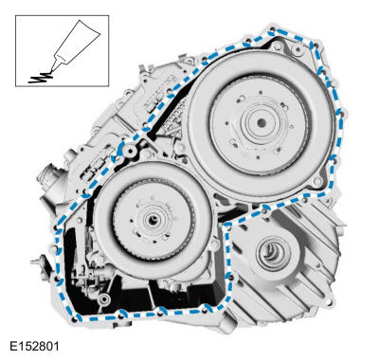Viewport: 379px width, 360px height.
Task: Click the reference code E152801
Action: coord(34,346)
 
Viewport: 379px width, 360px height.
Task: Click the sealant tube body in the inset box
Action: coord(78,42)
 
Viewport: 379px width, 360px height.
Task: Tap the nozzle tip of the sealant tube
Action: coord(50,70)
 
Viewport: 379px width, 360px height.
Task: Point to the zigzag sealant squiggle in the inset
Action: coord(40,78)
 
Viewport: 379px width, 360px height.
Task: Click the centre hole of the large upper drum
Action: coord(261,123)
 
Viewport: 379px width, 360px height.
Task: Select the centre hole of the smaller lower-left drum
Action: coord(153,220)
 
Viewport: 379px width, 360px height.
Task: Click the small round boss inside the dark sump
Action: coord(103,298)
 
